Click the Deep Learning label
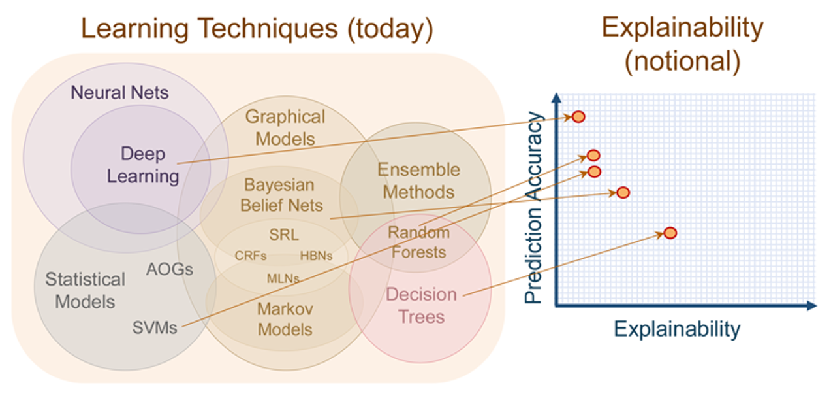143,165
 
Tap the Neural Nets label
119,92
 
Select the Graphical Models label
285,128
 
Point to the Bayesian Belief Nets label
281,195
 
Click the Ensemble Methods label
419,181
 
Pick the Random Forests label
419,242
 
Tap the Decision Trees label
421,306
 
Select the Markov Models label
285,320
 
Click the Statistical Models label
85,290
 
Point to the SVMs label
155,327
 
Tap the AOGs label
170,269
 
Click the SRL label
284,235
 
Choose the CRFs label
251,256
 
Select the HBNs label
316,256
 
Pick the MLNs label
283,278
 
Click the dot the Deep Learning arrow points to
578,116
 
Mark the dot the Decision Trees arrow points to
670,233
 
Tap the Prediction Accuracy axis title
534,208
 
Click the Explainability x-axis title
677,329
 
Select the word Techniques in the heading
267,29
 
